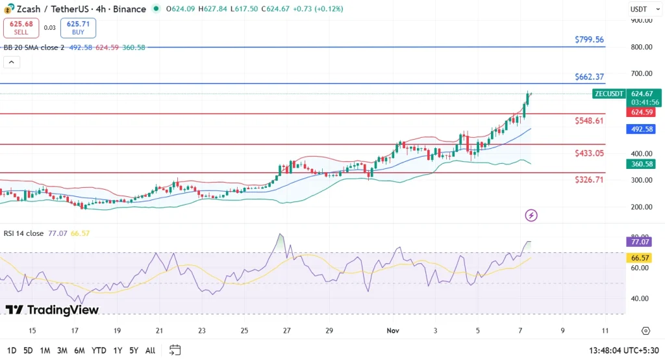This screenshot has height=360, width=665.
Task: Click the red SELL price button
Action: [x=21, y=27]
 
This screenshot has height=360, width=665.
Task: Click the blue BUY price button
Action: [x=78, y=27]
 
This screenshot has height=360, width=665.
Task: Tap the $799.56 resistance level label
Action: [x=589, y=40]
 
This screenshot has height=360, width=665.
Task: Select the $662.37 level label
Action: [x=589, y=77]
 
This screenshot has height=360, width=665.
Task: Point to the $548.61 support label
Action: [x=589, y=121]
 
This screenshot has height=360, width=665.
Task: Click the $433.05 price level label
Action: [x=589, y=153]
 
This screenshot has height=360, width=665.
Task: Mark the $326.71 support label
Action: [x=589, y=179]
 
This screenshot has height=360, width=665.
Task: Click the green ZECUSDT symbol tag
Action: [x=609, y=94]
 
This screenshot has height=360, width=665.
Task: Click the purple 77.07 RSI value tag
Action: [x=642, y=242]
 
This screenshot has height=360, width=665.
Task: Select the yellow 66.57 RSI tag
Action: [x=642, y=257]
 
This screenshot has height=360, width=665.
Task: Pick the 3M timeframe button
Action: [x=62, y=350]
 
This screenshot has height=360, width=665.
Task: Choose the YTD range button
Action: [x=99, y=350]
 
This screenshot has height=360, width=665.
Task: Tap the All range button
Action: [x=150, y=350]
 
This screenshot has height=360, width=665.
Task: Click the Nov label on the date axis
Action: [x=392, y=330]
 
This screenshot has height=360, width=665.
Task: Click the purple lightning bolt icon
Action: [x=531, y=215]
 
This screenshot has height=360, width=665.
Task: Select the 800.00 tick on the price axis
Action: [x=642, y=47]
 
